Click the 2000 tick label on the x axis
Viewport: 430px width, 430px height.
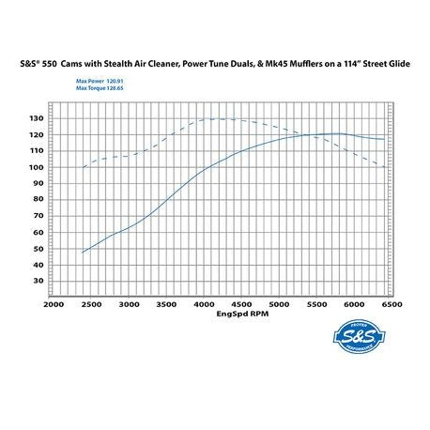tap(54, 305)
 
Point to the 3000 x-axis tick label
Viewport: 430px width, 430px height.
tap(130, 305)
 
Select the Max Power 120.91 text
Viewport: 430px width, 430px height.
tap(105, 81)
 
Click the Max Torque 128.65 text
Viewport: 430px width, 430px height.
tap(105, 89)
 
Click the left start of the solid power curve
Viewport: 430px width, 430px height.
tap(83, 253)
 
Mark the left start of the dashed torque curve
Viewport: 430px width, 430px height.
tap(83, 168)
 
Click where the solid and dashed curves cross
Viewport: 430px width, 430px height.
tap(308, 134)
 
